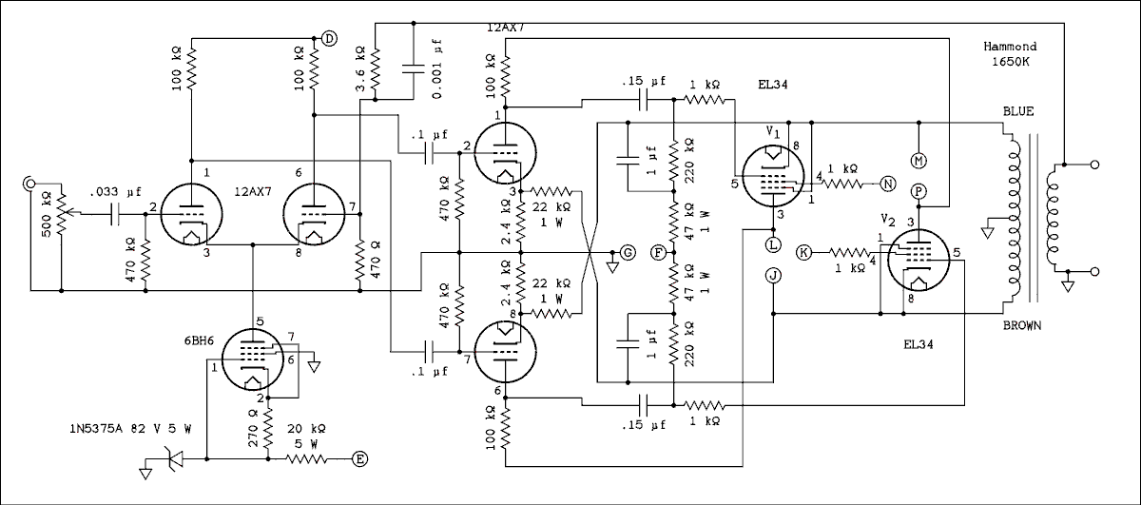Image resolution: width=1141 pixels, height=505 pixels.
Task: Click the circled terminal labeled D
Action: coord(329,38)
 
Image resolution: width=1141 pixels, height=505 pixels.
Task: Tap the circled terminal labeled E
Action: coord(360,459)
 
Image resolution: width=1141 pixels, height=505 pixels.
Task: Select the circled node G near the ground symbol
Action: coord(627,252)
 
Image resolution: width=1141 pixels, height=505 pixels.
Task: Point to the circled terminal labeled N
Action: coord(887,184)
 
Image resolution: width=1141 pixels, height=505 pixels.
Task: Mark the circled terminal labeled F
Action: coord(658,252)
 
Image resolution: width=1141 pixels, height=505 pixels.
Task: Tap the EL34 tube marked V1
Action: coord(771,173)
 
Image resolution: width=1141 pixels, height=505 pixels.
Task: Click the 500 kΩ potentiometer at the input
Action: coord(60,216)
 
